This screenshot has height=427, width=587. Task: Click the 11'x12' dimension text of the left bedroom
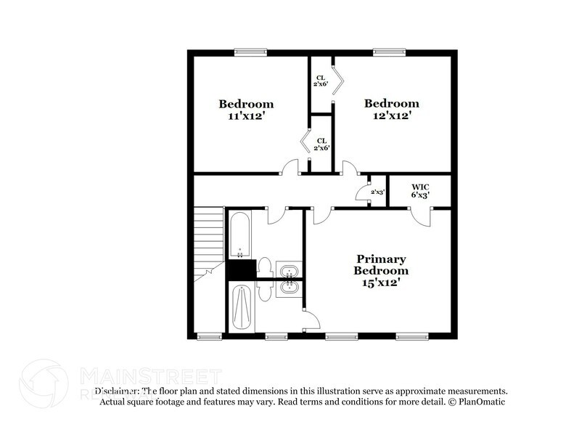click(x=246, y=115)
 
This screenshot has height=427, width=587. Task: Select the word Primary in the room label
click(x=381, y=259)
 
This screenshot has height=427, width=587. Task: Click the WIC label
click(x=421, y=186)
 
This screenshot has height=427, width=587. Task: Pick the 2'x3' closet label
click(x=377, y=192)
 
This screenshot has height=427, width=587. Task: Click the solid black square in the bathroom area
click(x=240, y=269)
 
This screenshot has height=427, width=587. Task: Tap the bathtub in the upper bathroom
click(x=239, y=234)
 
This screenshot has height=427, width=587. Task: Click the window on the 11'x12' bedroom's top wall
click(x=251, y=51)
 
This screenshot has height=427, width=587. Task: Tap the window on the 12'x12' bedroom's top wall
click(x=390, y=51)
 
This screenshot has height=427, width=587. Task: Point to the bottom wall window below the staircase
click(x=208, y=336)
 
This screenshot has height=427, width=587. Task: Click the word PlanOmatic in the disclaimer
click(x=481, y=402)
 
